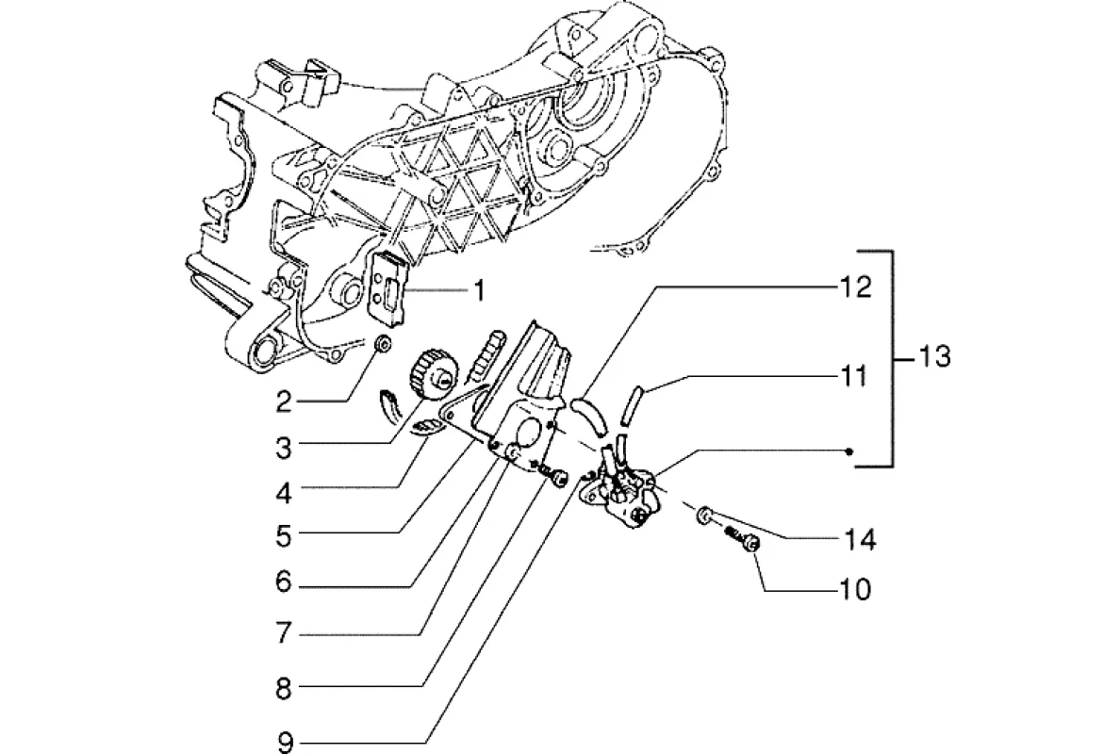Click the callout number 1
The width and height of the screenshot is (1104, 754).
pyautogui.click(x=479, y=290)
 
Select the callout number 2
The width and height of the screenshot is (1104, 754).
pyautogui.click(x=284, y=402)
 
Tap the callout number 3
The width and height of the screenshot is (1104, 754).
pyautogui.click(x=284, y=447)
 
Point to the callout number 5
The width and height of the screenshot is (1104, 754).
pyautogui.click(x=284, y=535)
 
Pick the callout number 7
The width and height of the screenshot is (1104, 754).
pyautogui.click(x=284, y=632)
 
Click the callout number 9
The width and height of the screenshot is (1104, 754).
pyautogui.click(x=285, y=742)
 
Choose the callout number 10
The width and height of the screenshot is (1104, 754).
pyautogui.click(x=855, y=588)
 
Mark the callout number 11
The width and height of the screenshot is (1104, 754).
pyautogui.click(x=854, y=376)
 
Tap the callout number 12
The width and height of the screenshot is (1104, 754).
pyautogui.click(x=855, y=287)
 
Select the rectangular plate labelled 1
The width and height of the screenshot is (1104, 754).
pyautogui.click(x=389, y=287)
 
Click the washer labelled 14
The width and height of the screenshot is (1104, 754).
pyautogui.click(x=704, y=516)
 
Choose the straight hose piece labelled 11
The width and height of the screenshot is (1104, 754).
pyautogui.click(x=634, y=404)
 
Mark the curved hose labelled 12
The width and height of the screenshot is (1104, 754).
pyautogui.click(x=588, y=416)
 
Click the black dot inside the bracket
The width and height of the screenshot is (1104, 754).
pyautogui.click(x=850, y=451)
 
